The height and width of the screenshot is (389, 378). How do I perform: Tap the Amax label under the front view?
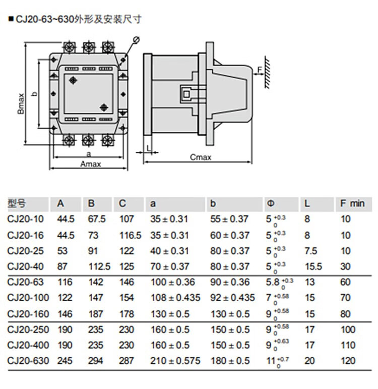click(91, 164)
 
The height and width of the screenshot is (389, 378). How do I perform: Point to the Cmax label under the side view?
click(200, 157)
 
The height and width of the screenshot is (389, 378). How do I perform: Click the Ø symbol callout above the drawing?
click(136, 40)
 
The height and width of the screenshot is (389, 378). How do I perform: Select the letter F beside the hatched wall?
click(260, 69)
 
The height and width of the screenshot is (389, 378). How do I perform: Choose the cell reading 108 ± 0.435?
click(175, 298)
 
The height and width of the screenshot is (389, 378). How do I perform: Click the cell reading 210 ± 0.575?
click(175, 361)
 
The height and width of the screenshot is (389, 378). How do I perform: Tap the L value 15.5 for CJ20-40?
click(313, 266)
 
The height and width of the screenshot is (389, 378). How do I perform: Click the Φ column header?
click(271, 204)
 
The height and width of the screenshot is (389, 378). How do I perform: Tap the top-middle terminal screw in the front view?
click(89, 47)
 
